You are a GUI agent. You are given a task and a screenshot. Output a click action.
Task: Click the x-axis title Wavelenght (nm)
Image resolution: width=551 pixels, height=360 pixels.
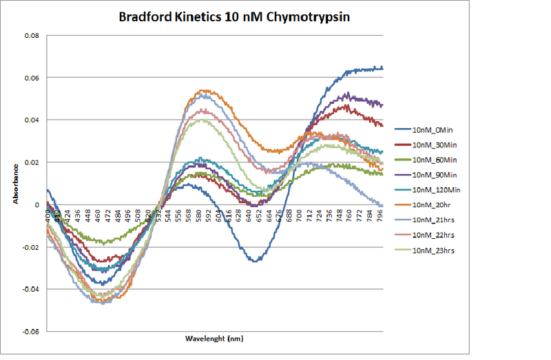(x=214, y=339)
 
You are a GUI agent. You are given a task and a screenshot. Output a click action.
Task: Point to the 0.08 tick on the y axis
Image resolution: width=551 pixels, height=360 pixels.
(x=32, y=35)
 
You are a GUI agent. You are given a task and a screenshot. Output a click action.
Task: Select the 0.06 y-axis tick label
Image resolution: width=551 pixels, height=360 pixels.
(x=32, y=78)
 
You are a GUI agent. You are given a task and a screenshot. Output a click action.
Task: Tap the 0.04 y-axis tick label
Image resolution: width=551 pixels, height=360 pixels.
(x=32, y=120)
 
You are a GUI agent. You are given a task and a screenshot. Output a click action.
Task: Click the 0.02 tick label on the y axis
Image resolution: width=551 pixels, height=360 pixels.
(x=32, y=162)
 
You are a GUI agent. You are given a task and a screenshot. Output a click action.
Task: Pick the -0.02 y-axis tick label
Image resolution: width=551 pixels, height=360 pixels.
(x=30, y=247)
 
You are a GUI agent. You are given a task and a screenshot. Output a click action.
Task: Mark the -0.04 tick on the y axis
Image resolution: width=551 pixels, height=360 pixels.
(x=30, y=289)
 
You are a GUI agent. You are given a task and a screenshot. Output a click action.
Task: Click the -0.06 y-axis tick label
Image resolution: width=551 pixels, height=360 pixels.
(x=30, y=331)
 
